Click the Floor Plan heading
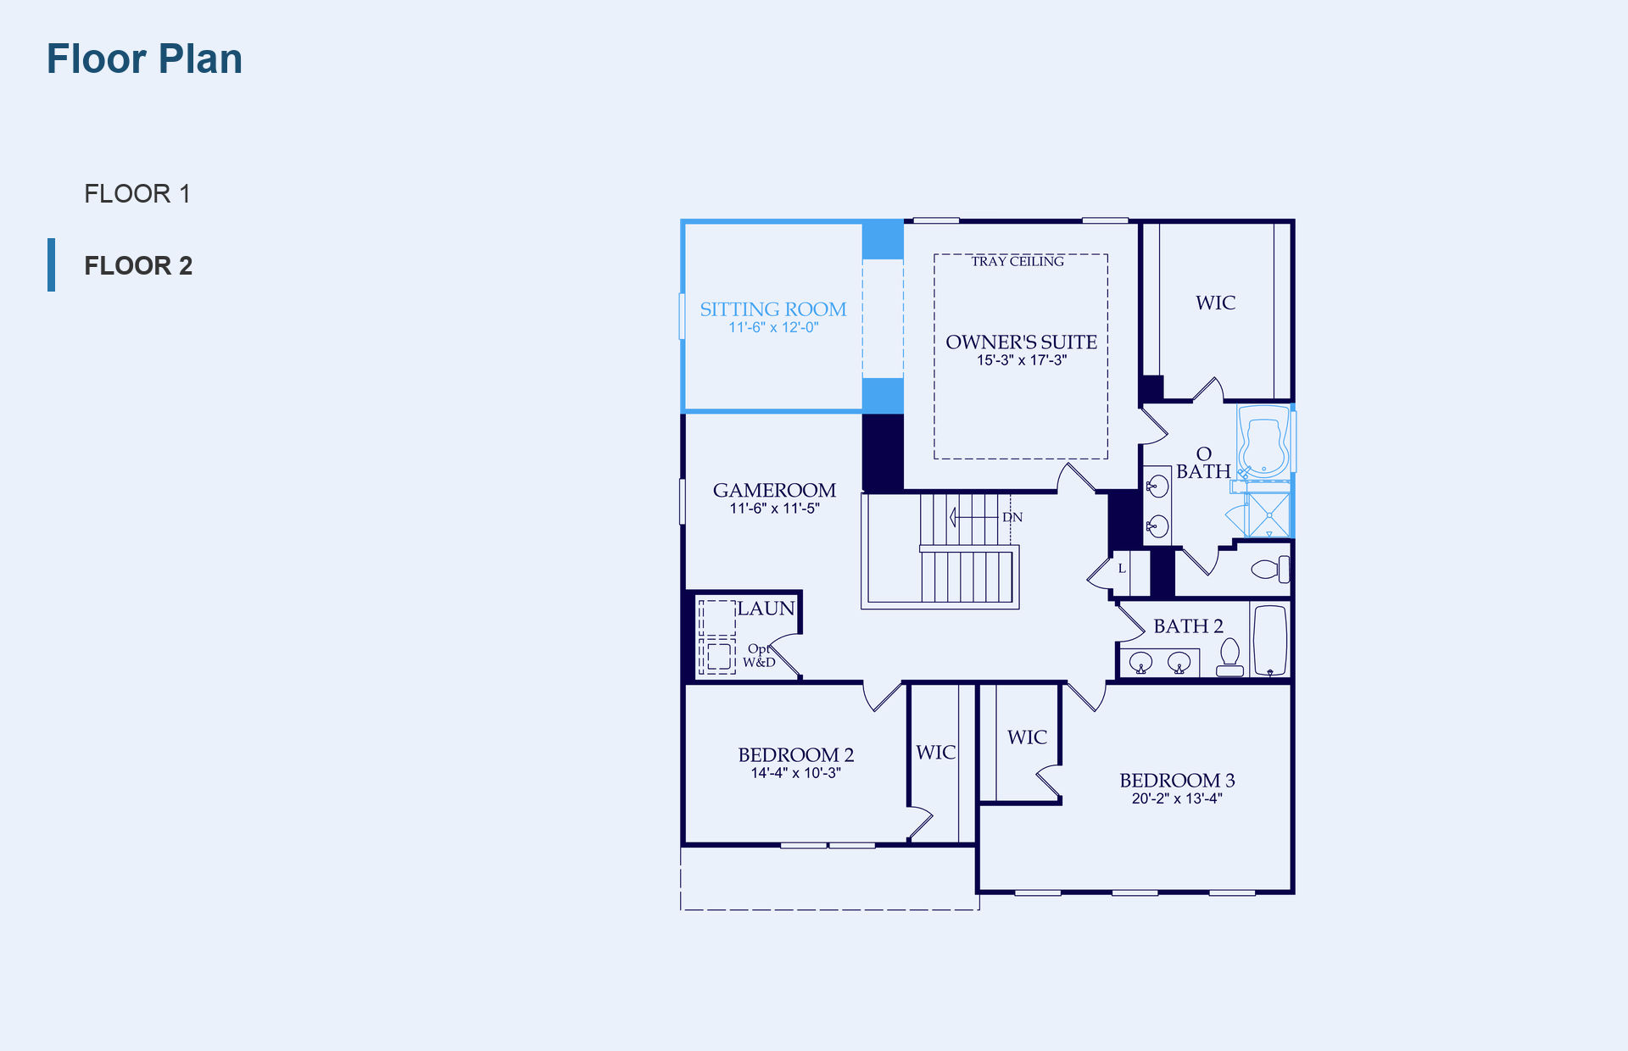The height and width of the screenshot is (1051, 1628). click(x=144, y=59)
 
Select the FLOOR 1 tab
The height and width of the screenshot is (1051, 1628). click(x=137, y=194)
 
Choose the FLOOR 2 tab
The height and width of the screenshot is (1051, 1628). click(x=138, y=266)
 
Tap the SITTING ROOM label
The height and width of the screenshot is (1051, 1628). click(x=772, y=309)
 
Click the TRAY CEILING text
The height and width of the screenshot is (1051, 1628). click(x=1017, y=261)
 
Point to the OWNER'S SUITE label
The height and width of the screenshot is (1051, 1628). click(x=1021, y=342)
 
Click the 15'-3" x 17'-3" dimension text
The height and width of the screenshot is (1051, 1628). click(x=1021, y=360)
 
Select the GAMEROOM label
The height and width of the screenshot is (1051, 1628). click(x=774, y=490)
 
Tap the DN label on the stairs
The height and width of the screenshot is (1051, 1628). click(x=1012, y=517)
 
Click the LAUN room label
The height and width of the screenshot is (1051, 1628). click(x=766, y=609)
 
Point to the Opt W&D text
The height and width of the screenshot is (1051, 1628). click(x=759, y=655)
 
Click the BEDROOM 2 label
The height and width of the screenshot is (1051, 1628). click(x=795, y=754)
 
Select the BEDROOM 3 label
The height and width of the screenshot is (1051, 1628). click(x=1177, y=780)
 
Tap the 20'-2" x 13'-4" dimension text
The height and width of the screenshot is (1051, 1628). click(x=1177, y=798)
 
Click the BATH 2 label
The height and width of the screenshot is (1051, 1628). click(x=1188, y=626)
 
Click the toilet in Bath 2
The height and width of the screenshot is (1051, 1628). click(x=1229, y=658)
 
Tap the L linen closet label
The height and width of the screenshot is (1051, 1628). click(x=1122, y=569)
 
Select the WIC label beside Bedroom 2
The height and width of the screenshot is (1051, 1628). click(x=936, y=753)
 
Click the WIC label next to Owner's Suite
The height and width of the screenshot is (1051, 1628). click(x=1215, y=303)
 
